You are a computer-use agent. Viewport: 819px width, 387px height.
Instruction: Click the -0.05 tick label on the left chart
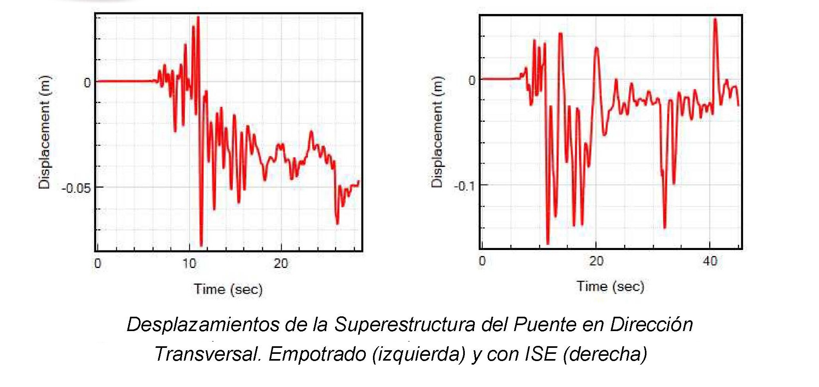[76, 188]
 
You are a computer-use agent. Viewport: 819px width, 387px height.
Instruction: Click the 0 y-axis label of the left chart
[87, 83]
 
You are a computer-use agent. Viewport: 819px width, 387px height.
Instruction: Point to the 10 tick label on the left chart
[189, 264]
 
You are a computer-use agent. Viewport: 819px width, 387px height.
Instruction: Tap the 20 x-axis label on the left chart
[281, 264]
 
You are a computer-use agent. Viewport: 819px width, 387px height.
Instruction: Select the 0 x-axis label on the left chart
[98, 264]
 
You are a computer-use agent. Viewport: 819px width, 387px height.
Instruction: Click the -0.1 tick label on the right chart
[465, 186]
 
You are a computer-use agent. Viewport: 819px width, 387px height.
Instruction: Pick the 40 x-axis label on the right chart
[710, 261]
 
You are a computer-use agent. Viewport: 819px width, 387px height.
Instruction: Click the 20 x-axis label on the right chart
[596, 261]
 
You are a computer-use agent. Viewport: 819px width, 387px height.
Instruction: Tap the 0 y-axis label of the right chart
[472, 80]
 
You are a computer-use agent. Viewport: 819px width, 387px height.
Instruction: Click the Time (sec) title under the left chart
[228, 289]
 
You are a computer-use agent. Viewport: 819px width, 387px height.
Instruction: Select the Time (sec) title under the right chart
[610, 286]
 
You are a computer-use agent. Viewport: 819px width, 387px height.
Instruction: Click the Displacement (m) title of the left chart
[45, 132]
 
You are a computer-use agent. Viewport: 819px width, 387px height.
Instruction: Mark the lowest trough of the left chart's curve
[201, 245]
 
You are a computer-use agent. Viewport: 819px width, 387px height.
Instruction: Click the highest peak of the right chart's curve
[715, 19]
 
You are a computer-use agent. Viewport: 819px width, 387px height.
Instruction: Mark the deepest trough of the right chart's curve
[548, 243]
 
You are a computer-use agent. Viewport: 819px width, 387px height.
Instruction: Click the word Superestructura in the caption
[405, 324]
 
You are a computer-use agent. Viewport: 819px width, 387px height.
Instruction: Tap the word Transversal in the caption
[208, 354]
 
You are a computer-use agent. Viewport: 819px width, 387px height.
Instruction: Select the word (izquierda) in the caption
[418, 354]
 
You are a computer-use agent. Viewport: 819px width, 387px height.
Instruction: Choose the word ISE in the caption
[541, 354]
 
